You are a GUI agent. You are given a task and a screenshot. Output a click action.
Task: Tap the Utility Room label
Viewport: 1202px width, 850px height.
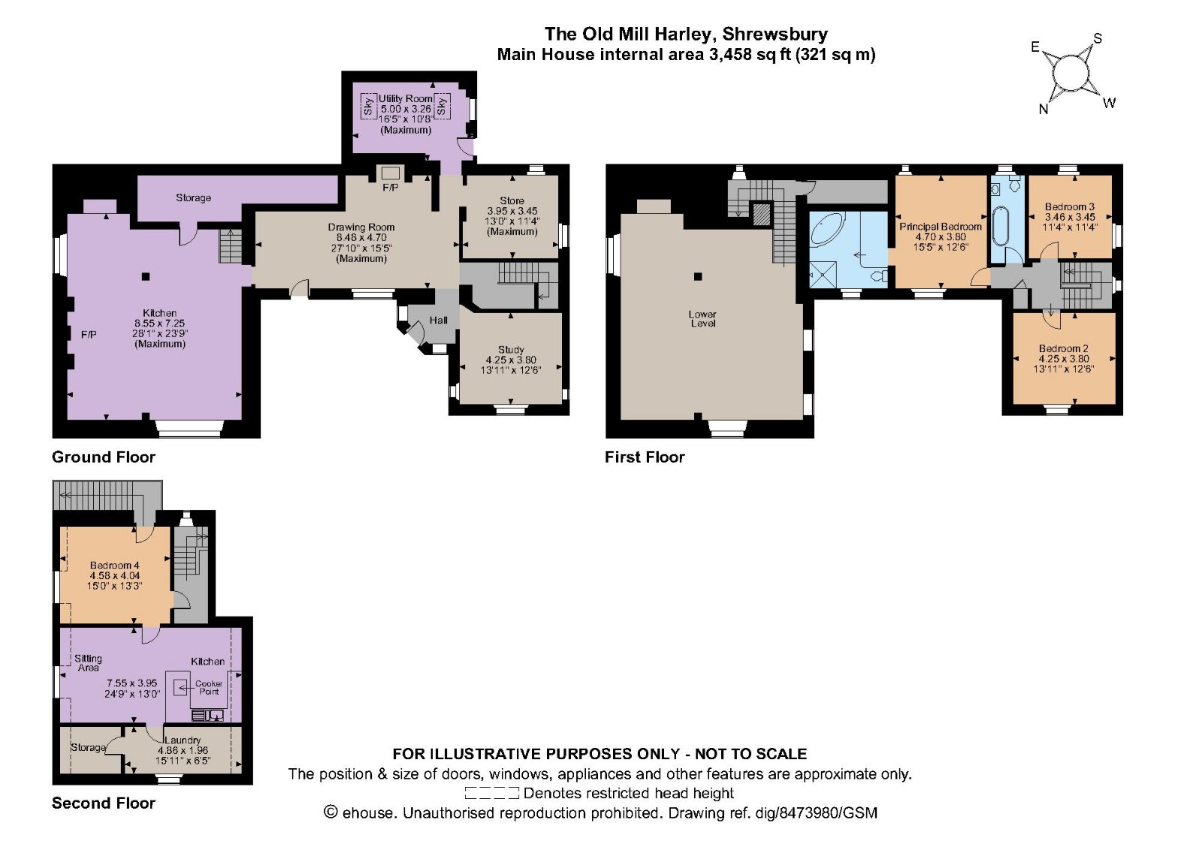(x=406, y=98)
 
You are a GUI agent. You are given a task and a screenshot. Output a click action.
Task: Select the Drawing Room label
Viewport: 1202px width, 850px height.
(x=361, y=228)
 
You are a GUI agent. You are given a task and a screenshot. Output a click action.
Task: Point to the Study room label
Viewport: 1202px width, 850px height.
(x=511, y=350)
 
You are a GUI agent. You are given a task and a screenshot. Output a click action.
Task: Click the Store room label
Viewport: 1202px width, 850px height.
(x=512, y=200)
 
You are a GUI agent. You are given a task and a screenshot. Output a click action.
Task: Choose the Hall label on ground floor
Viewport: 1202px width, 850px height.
(x=439, y=320)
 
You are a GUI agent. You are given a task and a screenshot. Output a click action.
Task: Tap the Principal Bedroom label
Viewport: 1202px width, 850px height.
(x=941, y=227)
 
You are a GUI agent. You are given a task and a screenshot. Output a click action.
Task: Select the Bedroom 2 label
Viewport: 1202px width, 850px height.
(x=1064, y=348)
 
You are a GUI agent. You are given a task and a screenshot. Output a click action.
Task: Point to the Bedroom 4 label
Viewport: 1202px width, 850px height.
(x=115, y=565)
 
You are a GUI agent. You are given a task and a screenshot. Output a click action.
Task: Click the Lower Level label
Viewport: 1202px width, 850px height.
(x=702, y=318)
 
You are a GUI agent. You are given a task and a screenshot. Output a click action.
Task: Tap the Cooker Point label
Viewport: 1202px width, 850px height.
(x=209, y=688)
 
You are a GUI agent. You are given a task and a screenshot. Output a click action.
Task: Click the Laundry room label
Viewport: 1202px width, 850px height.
(x=183, y=740)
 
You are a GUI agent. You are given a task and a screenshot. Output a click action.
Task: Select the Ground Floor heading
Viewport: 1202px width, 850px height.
(x=104, y=457)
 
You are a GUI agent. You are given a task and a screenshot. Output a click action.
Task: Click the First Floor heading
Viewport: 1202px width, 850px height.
(x=645, y=457)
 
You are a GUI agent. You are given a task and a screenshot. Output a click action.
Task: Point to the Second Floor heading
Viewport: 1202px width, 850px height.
(x=104, y=803)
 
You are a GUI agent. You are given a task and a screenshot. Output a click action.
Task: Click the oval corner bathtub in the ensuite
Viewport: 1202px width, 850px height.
(x=827, y=229)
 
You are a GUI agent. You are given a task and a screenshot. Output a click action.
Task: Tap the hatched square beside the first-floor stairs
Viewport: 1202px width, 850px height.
(x=761, y=216)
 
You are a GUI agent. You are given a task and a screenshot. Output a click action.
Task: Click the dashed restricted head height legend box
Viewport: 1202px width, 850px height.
(x=491, y=793)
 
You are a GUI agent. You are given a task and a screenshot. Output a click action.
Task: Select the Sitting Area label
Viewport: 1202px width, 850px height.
(x=88, y=663)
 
